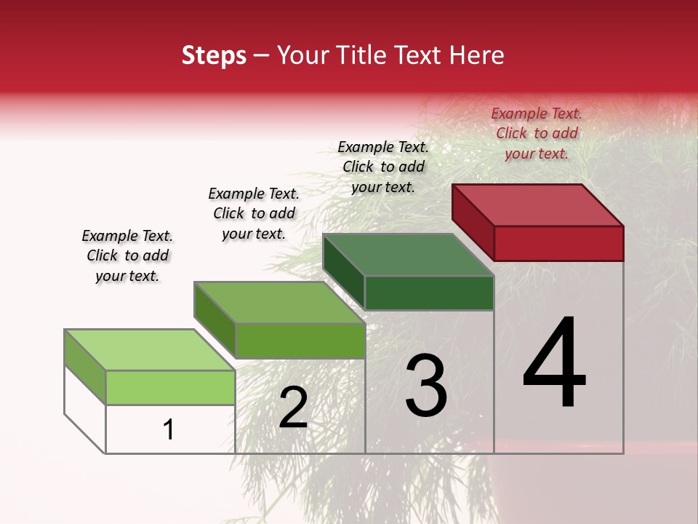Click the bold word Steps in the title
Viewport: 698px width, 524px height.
point(214,56)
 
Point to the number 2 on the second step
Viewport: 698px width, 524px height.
point(294,408)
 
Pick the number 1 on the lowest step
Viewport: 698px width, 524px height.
point(169,429)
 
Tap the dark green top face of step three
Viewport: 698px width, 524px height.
point(409,255)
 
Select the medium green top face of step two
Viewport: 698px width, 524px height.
point(279,303)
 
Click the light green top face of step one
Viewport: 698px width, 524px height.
point(150,350)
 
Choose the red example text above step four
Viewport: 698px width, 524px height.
point(537,133)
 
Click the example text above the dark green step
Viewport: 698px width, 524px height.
point(383,167)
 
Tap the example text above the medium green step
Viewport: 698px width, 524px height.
point(254,213)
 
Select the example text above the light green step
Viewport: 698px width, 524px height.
point(127,255)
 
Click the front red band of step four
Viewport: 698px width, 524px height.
point(558,243)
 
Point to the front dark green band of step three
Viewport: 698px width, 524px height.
point(429,293)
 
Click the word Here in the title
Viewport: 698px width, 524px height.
point(477,55)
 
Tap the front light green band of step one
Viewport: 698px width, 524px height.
point(170,387)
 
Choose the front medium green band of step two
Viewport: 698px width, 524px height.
point(300,341)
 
